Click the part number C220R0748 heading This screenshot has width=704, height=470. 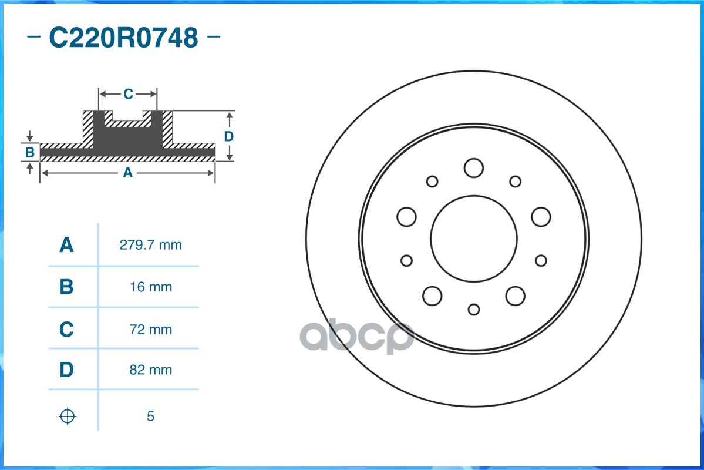tap(123, 37)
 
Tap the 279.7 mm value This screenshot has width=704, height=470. tap(151, 245)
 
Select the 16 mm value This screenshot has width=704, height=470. tap(151, 287)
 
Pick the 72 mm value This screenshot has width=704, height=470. tap(151, 330)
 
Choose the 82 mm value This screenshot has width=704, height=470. tap(151, 370)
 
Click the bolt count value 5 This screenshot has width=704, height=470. tap(150, 416)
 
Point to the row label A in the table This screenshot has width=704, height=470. tap(66, 245)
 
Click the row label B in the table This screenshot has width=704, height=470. tap(66, 287)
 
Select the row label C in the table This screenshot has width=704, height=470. tap(66, 330)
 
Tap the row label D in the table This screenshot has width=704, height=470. tap(66, 370)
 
